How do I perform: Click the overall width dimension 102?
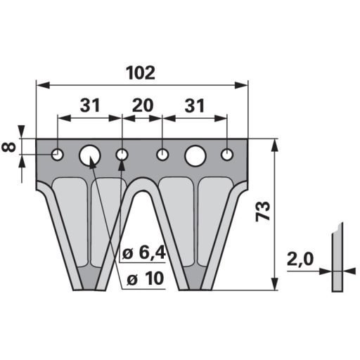click(141, 73)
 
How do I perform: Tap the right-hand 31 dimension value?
click(195, 105)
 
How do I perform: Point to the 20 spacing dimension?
click(143, 105)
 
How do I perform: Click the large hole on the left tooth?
click(90, 154)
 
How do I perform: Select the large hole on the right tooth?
click(195, 154)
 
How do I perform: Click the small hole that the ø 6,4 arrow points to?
click(122, 154)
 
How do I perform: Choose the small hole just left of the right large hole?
click(162, 154)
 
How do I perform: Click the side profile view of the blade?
click(338, 257)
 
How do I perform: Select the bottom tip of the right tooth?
click(195, 287)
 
